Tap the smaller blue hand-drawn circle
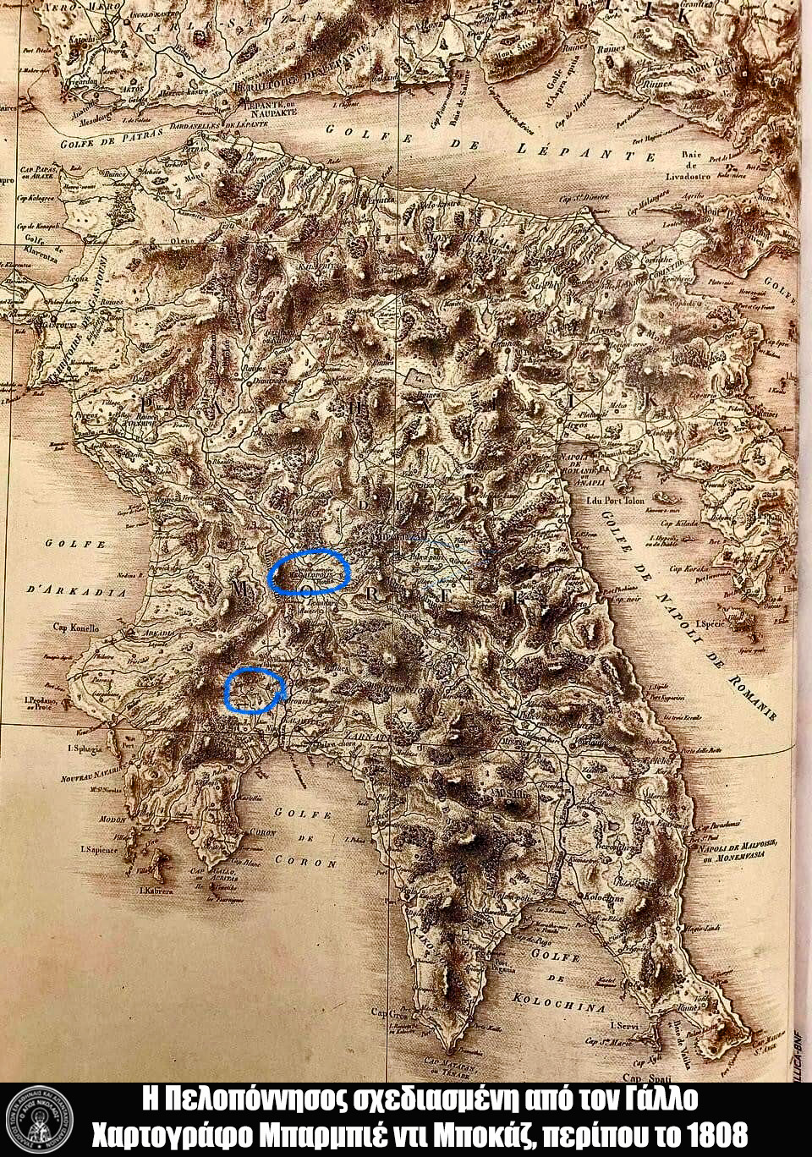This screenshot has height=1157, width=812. click(x=252, y=689)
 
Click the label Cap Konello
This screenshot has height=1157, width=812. click(x=76, y=628)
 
